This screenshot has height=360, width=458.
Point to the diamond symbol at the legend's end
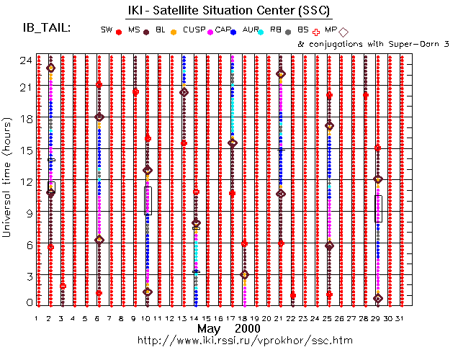tap(343, 32)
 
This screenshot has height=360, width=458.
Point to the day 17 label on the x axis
tap(231, 318)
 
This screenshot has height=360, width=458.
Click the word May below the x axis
tap(209, 328)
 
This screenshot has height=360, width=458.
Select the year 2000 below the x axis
tap(248, 328)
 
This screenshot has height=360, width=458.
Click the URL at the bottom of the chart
tap(229, 339)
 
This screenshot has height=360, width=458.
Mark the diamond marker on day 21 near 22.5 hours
tap(281, 73)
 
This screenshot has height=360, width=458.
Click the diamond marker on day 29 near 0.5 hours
tap(378, 298)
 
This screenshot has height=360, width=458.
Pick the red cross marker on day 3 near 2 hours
tap(63, 286)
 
